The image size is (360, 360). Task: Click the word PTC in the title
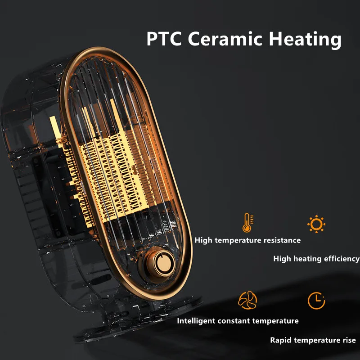click(x=164, y=39)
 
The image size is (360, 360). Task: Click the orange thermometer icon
click(x=247, y=223)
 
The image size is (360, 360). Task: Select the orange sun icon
click(x=316, y=223)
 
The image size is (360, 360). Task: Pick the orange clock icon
click(x=316, y=300)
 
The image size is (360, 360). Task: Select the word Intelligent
click(x=196, y=321)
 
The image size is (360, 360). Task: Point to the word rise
click(x=348, y=340)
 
